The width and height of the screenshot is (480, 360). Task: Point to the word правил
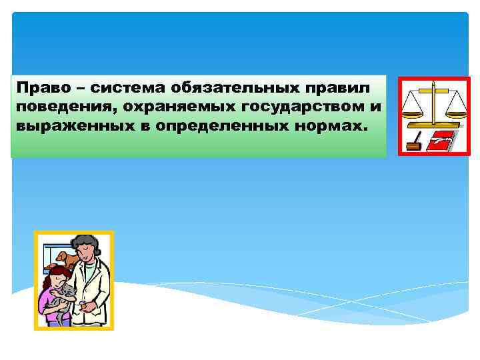tap(347, 89)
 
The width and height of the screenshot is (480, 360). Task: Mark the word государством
tap(291, 108)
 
